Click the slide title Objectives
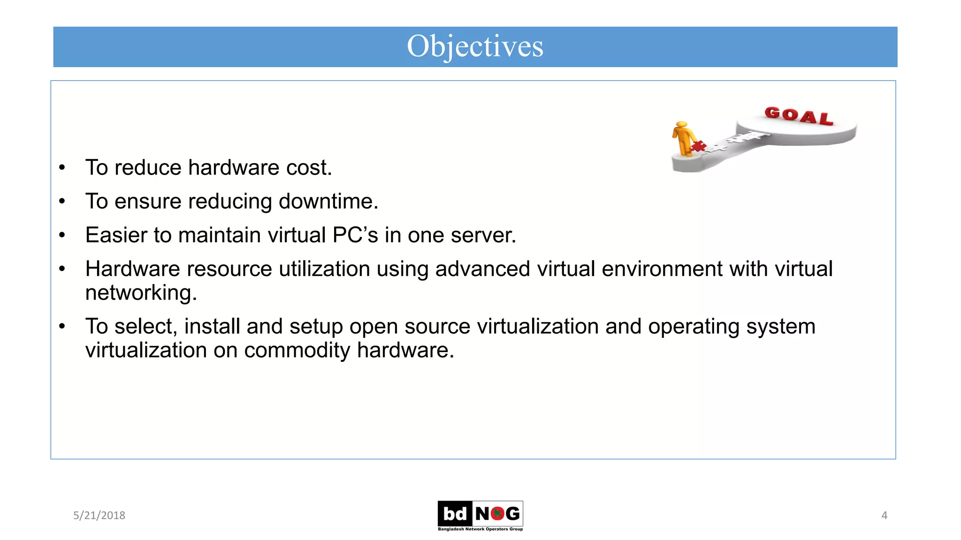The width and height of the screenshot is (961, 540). [x=475, y=46]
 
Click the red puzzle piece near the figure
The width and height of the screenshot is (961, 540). [x=699, y=146]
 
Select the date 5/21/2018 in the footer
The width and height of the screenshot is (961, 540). [x=99, y=515]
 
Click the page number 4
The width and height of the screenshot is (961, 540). [x=884, y=515]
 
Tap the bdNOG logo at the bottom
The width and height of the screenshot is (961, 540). [x=480, y=515]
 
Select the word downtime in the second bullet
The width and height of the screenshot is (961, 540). [x=328, y=202]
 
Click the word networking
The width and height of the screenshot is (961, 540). [x=140, y=293]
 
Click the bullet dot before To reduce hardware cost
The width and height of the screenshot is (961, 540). [x=62, y=168]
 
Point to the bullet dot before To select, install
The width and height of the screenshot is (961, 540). [x=62, y=326]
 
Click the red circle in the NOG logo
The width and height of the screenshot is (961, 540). [x=497, y=514]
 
